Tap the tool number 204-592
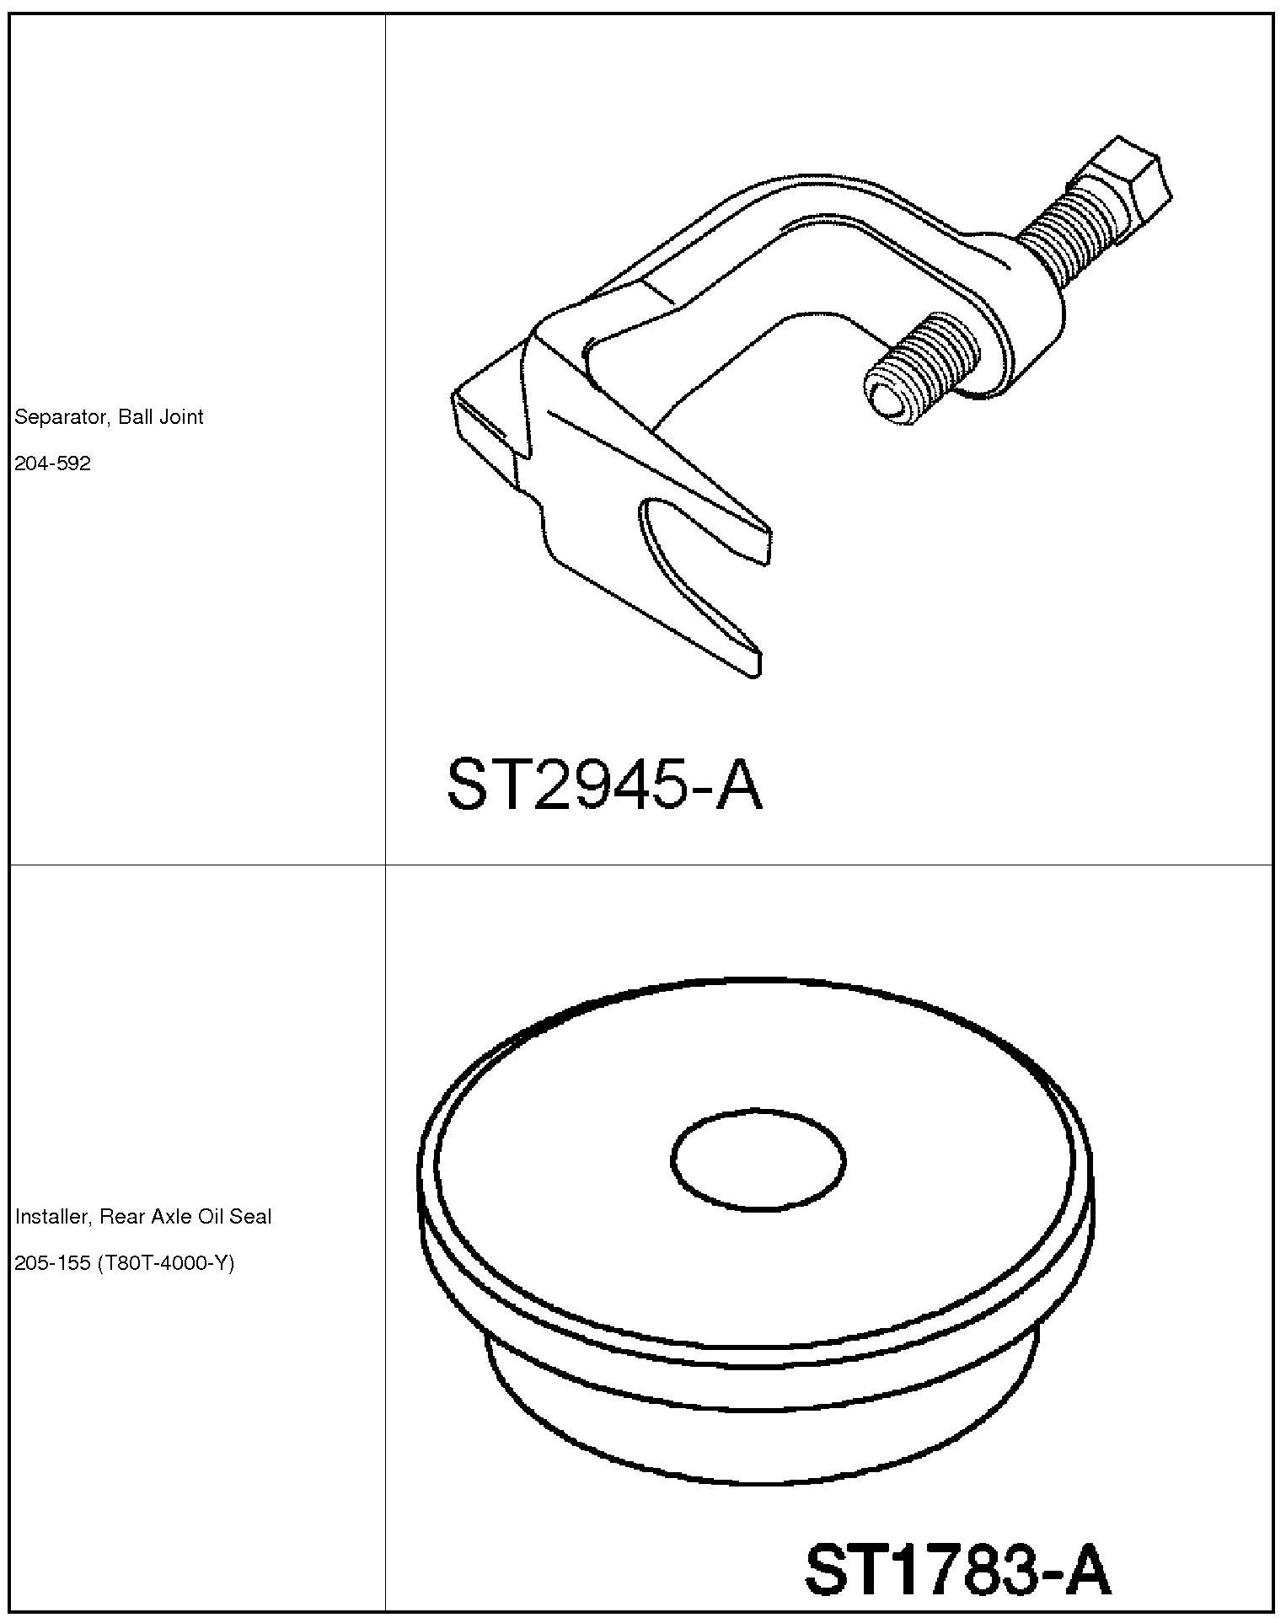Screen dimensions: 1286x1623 coord(52,463)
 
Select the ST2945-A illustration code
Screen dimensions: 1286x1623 coord(604,784)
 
